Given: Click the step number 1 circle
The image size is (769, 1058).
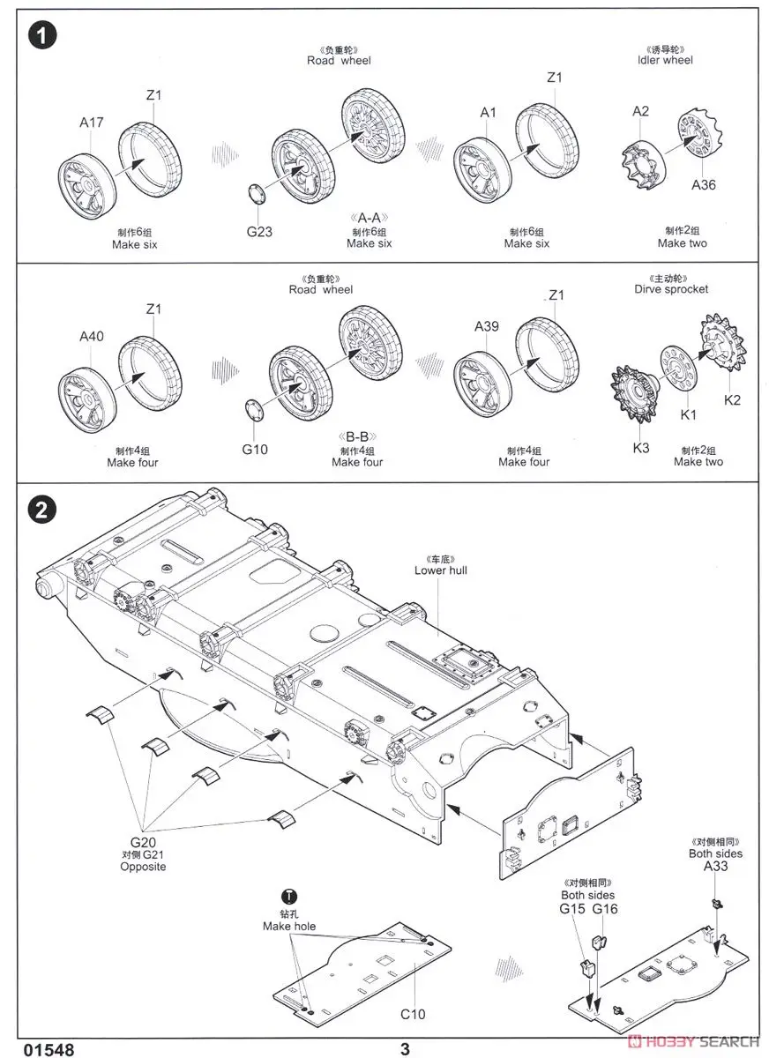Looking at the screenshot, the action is point(42,35).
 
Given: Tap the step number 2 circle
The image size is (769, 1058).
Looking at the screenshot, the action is point(42,510).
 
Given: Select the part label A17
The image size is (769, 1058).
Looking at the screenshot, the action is point(91,123).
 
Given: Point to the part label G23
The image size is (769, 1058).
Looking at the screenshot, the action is point(259,231).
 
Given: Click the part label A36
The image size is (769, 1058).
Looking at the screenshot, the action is point(704,184).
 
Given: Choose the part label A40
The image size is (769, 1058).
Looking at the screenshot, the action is point(91,336).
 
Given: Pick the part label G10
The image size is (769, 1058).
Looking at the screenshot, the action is point(255,449).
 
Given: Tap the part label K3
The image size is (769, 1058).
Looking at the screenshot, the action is point(641,448).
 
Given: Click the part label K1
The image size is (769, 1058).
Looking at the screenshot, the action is point(688,414).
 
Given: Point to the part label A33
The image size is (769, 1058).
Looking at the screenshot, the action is point(715,866).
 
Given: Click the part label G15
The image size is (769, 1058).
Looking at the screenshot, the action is point(572,908).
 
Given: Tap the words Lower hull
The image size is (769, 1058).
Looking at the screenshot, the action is point(441,570).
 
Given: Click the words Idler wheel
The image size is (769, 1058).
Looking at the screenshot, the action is point(665,60).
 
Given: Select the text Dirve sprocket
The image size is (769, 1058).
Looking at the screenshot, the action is point(671,289).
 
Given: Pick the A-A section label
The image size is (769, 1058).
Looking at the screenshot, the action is point(369,218).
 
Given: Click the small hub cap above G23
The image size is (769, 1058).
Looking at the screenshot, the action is point(257,194).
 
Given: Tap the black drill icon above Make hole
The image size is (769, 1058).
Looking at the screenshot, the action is point(289,897).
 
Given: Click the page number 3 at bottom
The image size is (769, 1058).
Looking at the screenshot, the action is point(405,1049).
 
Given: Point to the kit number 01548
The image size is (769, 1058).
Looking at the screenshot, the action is point(49,1049).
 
